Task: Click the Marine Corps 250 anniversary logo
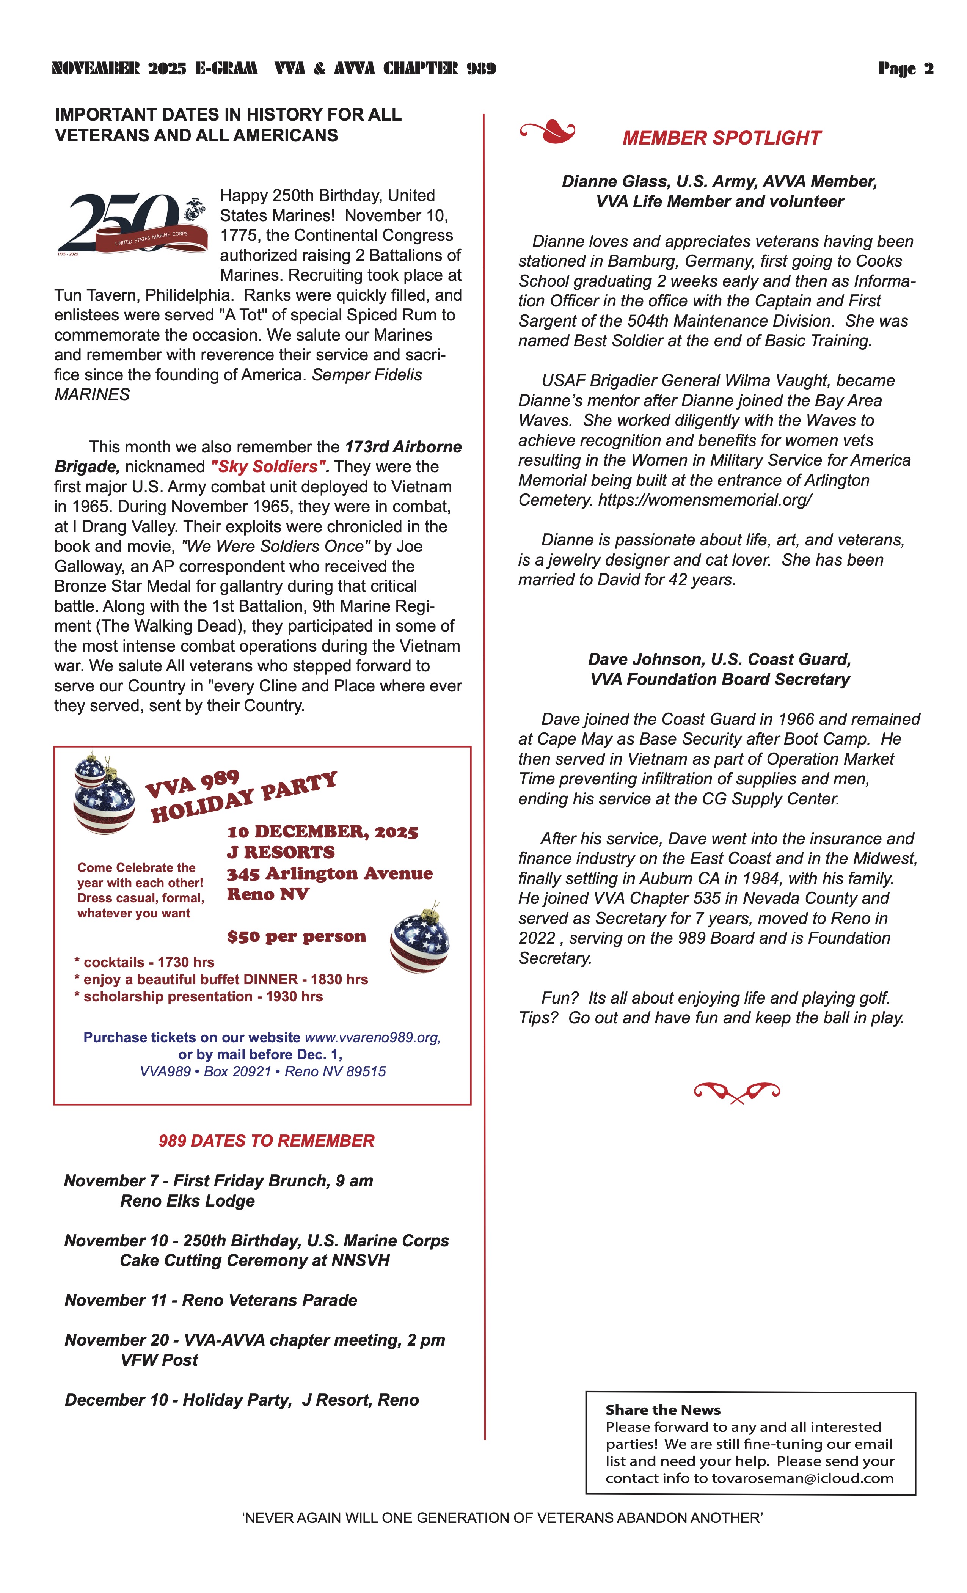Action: click(x=132, y=224)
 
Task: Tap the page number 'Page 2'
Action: click(x=905, y=69)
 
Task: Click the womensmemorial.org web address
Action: click(x=705, y=500)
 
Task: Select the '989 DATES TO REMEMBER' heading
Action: click(x=266, y=1141)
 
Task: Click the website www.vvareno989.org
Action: click(x=372, y=1037)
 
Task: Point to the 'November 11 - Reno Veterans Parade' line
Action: click(x=211, y=1300)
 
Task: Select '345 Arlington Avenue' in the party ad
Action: click(x=329, y=873)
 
